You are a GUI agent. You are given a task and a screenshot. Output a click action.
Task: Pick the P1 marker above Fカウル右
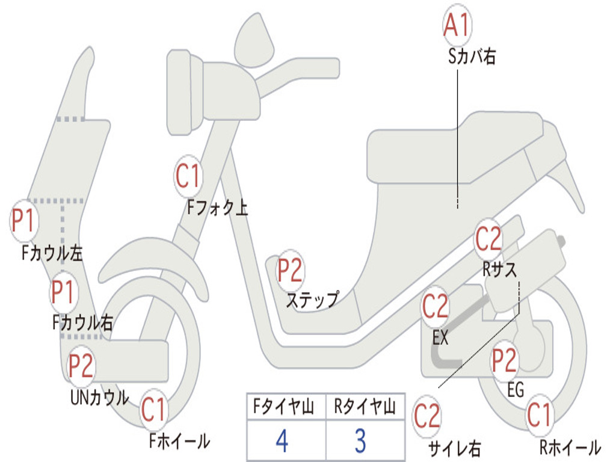point(63,292)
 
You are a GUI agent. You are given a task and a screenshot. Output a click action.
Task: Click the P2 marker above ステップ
point(290,271)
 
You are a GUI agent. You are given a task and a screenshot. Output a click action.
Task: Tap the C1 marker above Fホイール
point(153,410)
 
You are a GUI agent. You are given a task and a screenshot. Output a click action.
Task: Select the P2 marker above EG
point(504,360)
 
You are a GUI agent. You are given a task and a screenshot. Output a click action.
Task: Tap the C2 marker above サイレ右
point(427,416)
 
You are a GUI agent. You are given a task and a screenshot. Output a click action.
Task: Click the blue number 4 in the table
point(282,441)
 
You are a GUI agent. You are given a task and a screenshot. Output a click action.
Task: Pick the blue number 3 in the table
point(360,441)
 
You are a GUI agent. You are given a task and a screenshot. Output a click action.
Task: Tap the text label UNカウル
point(100,398)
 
